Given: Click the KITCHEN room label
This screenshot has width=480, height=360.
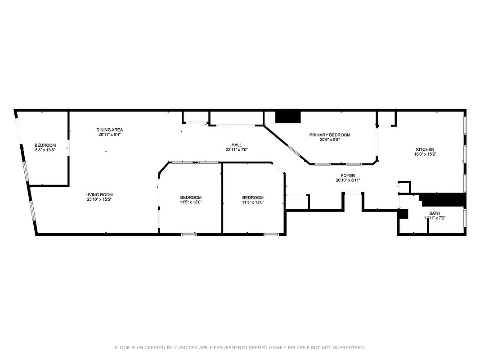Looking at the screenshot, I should [x=425, y=149].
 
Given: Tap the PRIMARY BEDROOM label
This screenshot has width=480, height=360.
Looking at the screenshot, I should [x=329, y=135].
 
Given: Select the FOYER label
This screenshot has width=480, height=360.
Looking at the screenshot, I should [x=348, y=175].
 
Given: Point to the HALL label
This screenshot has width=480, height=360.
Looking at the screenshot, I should [x=237, y=145].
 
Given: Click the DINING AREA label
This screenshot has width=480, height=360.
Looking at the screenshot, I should [x=109, y=130].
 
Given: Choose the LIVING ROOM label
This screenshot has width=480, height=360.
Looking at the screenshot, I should [x=99, y=194].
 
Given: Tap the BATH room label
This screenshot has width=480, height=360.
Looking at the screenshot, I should [x=434, y=213].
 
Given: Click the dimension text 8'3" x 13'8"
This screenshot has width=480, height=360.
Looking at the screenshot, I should [x=45, y=150].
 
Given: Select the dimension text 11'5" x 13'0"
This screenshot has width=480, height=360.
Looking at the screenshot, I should [x=191, y=202].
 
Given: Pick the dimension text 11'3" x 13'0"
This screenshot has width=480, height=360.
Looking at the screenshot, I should [x=252, y=202].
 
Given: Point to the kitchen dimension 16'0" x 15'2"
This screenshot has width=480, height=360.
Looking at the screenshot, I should [x=425, y=154].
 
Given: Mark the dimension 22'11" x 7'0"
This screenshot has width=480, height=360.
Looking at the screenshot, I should [x=237, y=149].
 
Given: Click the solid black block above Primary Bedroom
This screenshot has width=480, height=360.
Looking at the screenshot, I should [x=287, y=117].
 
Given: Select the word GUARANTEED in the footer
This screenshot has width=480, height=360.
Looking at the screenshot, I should [x=349, y=347].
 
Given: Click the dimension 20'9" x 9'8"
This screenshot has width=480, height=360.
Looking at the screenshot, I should [x=329, y=139].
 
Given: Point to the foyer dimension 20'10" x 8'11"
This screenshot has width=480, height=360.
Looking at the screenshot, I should [x=348, y=180].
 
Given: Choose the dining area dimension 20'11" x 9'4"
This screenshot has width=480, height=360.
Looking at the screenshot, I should [x=109, y=134].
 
